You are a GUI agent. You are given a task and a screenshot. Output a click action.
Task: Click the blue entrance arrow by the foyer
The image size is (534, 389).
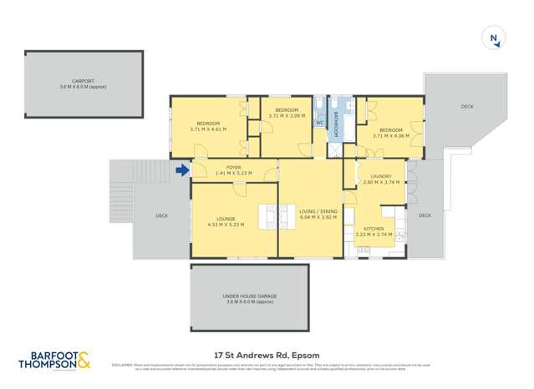pyautogui.click(x=182, y=172)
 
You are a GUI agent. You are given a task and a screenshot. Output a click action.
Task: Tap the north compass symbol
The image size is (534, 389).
pyautogui.click(x=495, y=38)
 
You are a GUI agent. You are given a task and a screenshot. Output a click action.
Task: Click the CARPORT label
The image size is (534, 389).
pyautogui.click(x=83, y=81)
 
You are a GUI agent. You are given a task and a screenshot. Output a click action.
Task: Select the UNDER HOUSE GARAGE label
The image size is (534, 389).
pyautogui.click(x=251, y=297)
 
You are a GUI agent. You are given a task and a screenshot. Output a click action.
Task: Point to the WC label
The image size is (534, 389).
pyautogui.click(x=319, y=123)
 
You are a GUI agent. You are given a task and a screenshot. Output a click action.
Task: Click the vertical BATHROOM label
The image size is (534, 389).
pyautogui.click(x=336, y=124)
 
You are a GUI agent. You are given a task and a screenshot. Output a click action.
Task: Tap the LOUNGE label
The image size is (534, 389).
pyautogui.click(x=226, y=219)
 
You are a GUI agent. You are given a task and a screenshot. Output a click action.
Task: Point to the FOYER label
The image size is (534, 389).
pyautogui.click(x=233, y=168)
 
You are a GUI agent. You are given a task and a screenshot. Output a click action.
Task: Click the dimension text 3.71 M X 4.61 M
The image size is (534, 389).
pyautogui.click(x=208, y=129)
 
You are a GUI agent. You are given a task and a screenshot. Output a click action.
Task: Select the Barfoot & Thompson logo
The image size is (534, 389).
pyautogui.click(x=55, y=361)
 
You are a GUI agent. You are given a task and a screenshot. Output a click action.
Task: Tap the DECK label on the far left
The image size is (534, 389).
pyautogui.click(x=161, y=215)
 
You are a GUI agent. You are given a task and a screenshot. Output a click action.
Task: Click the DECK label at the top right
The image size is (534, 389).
pyautogui.click(x=466, y=107)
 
